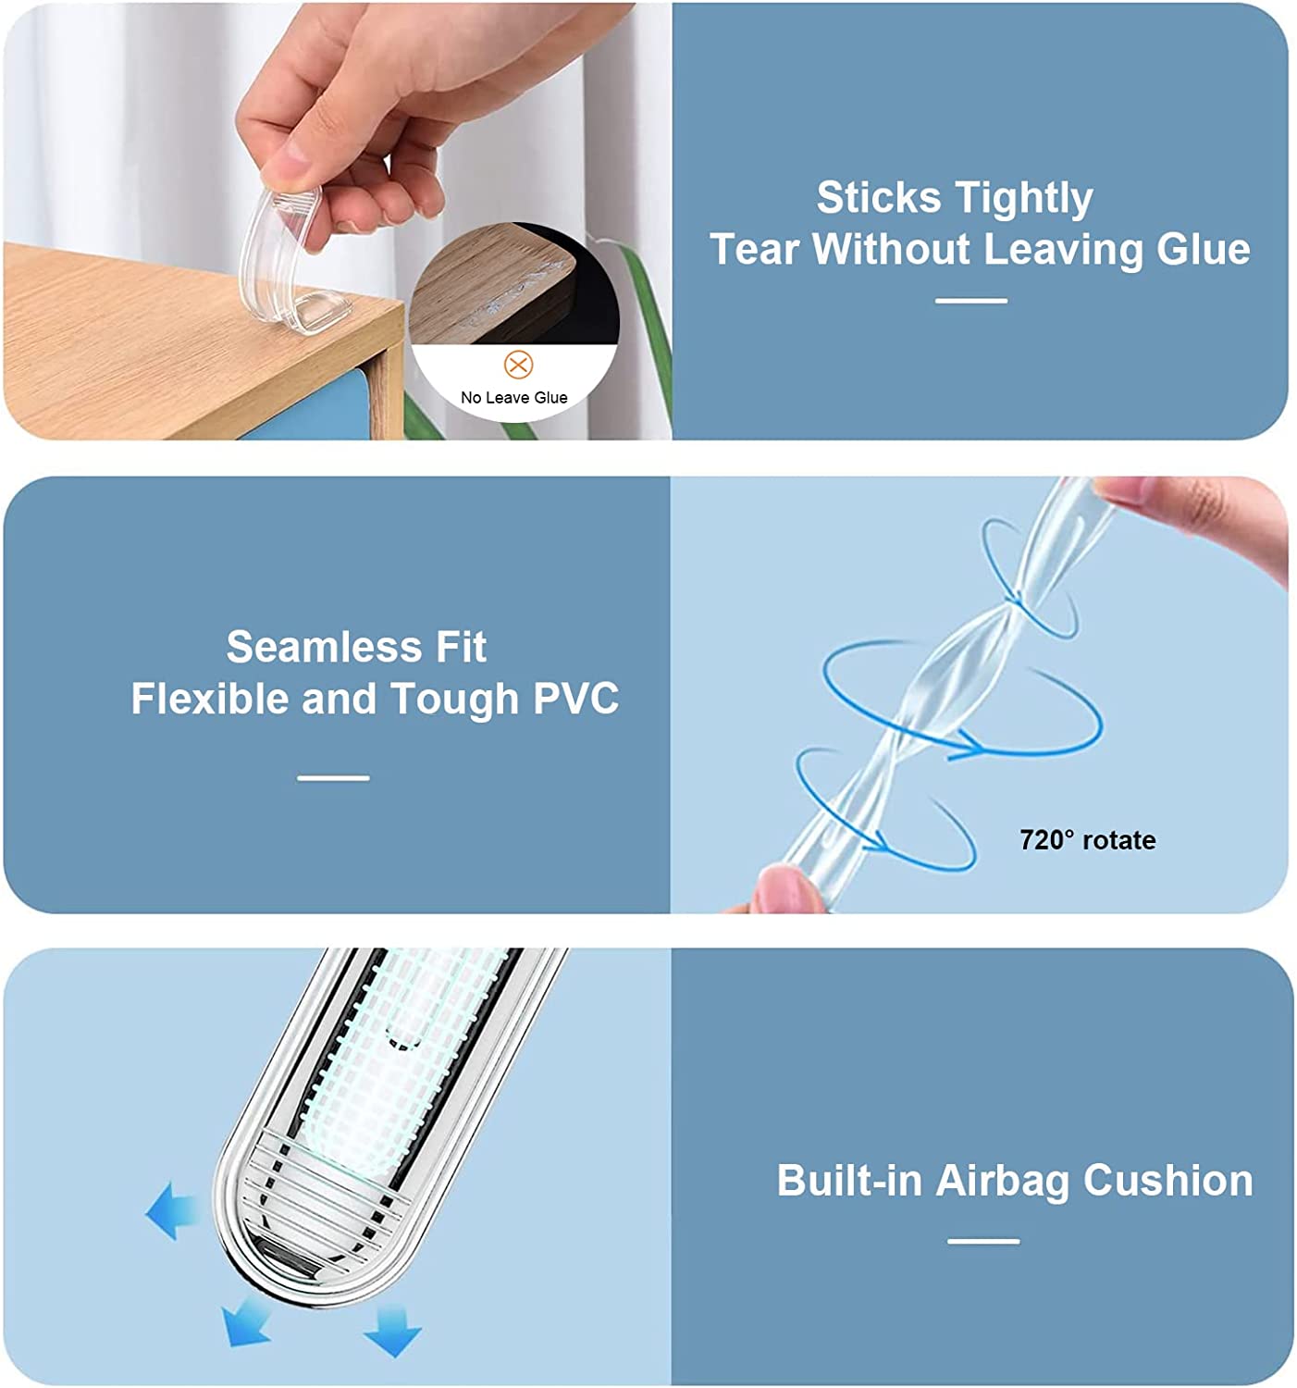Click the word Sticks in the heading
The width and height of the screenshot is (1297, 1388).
tap(879, 199)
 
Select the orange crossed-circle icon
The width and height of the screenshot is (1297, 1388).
tap(518, 365)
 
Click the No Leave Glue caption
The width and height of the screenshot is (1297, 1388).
tap(513, 398)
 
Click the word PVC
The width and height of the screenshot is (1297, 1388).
tap(575, 699)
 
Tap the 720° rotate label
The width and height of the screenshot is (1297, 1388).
tap(1087, 840)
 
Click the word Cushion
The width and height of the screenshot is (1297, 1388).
tap(1167, 1181)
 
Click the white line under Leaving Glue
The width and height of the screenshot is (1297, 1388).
tap(970, 301)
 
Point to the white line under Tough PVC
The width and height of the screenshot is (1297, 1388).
tap(333, 778)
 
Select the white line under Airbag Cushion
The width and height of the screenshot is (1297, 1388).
tap(983, 1241)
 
